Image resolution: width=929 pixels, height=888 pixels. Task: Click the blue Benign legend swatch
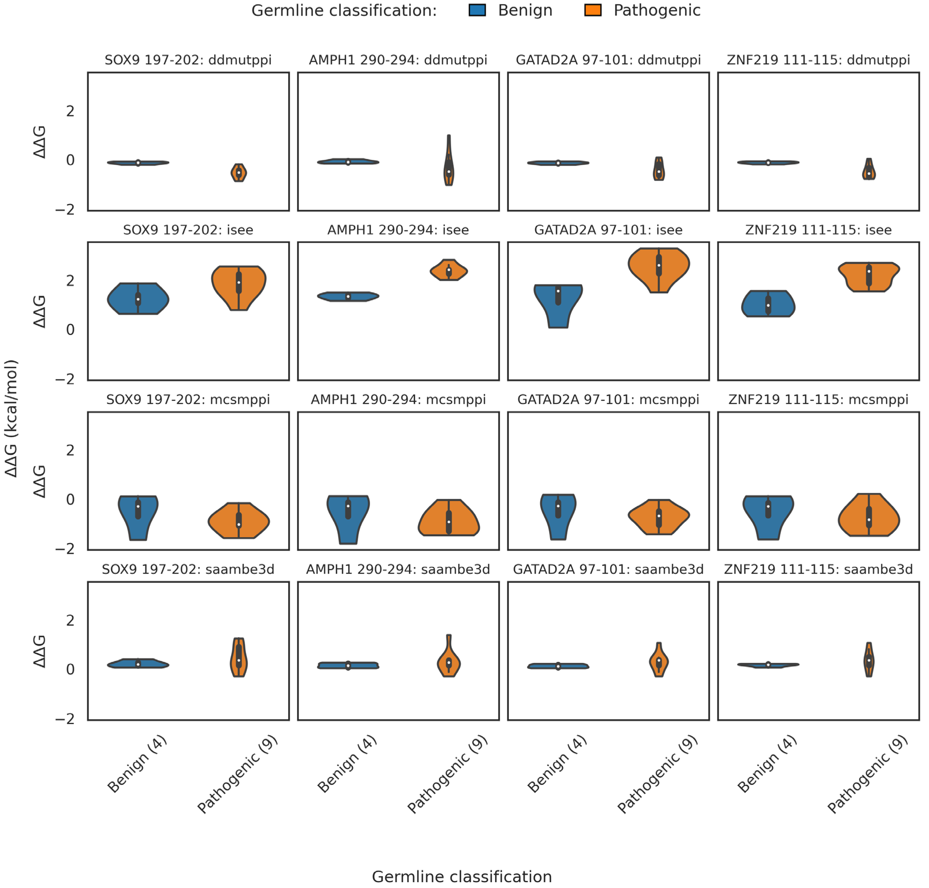tap(477, 10)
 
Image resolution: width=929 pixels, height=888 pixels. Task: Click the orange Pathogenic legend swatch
tap(592, 10)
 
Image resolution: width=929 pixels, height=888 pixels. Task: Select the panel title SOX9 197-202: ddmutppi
tap(188, 60)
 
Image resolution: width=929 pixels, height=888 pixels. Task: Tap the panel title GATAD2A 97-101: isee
tap(608, 230)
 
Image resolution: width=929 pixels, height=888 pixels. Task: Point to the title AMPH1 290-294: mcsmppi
tap(398, 400)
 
